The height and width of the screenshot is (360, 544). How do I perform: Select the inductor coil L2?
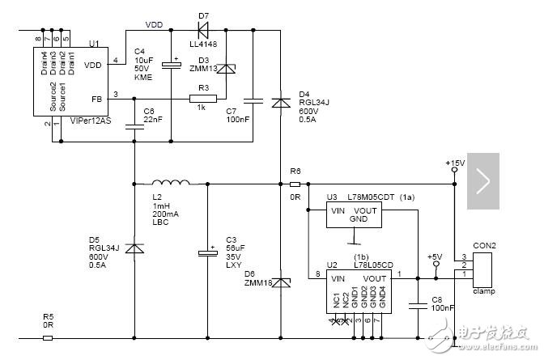pos(172,182)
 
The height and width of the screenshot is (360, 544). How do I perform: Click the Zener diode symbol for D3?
pos(228,71)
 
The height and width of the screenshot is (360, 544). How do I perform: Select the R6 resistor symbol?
pos(295,184)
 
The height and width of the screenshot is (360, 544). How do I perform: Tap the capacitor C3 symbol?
pos(207,253)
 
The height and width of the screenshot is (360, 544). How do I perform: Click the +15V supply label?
pos(455,163)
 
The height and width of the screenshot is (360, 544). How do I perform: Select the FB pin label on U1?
pos(97,99)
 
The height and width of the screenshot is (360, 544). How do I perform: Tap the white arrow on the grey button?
pos(483,182)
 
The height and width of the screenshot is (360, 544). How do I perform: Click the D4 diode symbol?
pos(280,103)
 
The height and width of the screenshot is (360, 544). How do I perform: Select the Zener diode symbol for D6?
pos(280,282)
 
